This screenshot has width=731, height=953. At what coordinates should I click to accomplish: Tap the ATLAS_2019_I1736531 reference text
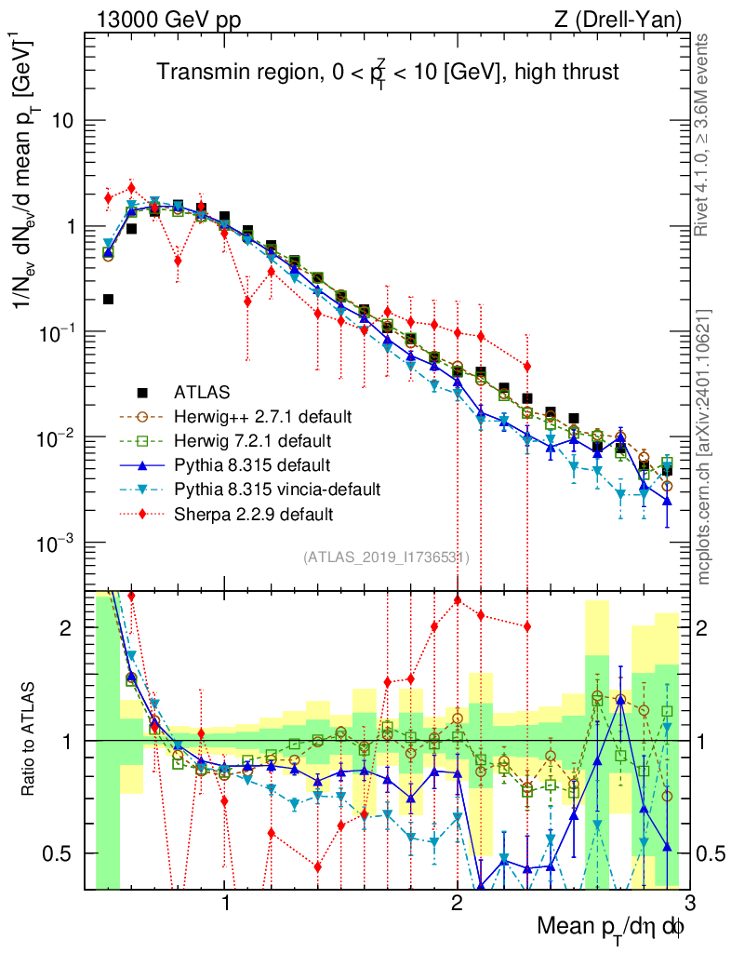click(x=385, y=557)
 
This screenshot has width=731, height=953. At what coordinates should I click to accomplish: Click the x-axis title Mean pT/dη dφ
click(x=613, y=927)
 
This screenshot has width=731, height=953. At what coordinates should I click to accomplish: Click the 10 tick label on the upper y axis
click(x=62, y=121)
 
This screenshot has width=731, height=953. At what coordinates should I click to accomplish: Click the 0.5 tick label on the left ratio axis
click(x=60, y=853)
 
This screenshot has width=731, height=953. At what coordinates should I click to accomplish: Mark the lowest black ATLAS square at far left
click(x=108, y=299)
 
